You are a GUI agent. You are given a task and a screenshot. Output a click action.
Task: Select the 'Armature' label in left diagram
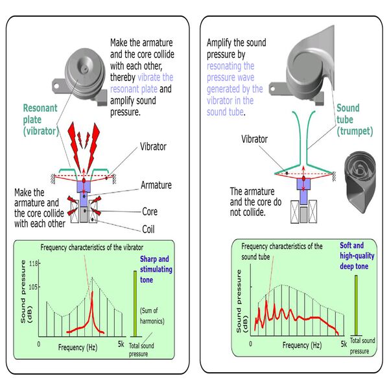click(157, 185)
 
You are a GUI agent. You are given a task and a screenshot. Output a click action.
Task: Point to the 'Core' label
click(151, 211)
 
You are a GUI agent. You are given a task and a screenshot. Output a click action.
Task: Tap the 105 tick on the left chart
click(33, 287)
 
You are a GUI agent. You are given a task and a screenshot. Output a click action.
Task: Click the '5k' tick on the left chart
click(121, 343)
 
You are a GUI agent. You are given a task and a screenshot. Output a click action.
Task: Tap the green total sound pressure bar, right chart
click(356, 303)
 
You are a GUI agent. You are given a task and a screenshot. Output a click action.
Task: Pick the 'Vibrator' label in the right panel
click(254, 139)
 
